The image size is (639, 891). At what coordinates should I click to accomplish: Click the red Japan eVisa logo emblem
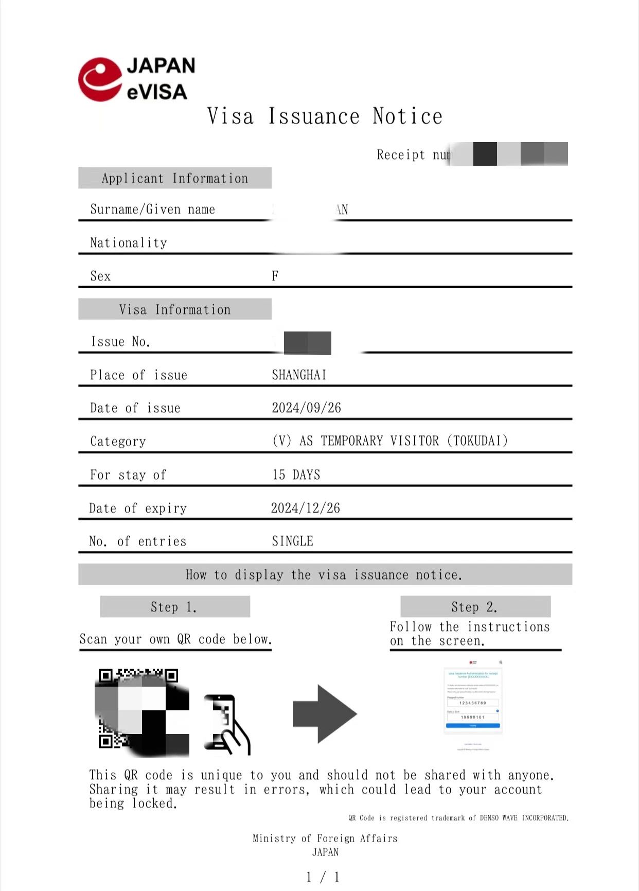[x=100, y=79]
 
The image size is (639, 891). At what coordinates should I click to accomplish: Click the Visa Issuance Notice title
[x=325, y=116]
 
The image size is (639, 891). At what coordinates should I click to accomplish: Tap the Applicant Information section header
[x=175, y=178]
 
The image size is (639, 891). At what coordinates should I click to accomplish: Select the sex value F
[x=275, y=276]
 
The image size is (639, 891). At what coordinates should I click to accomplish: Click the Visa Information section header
[x=175, y=309]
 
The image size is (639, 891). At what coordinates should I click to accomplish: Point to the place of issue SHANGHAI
[x=299, y=375]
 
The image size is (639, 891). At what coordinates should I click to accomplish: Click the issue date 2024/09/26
[x=306, y=408]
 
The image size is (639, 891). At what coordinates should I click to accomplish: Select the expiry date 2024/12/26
[x=306, y=509]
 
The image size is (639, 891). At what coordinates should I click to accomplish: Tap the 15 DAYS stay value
[x=296, y=475]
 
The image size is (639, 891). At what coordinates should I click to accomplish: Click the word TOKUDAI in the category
[x=477, y=441]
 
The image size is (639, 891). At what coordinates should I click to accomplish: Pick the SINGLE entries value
[x=292, y=541]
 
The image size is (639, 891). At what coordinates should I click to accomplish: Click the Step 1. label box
[x=174, y=607]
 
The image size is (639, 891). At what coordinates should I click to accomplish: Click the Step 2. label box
[x=475, y=607]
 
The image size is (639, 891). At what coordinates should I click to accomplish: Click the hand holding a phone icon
[x=226, y=724]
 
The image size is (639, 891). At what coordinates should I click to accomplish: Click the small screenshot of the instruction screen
[x=473, y=704]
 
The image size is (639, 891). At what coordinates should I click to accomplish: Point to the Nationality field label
[x=129, y=243]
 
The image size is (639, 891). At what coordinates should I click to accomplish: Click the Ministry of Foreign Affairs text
[x=325, y=838]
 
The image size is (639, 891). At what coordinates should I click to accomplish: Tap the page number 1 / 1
[x=323, y=877]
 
